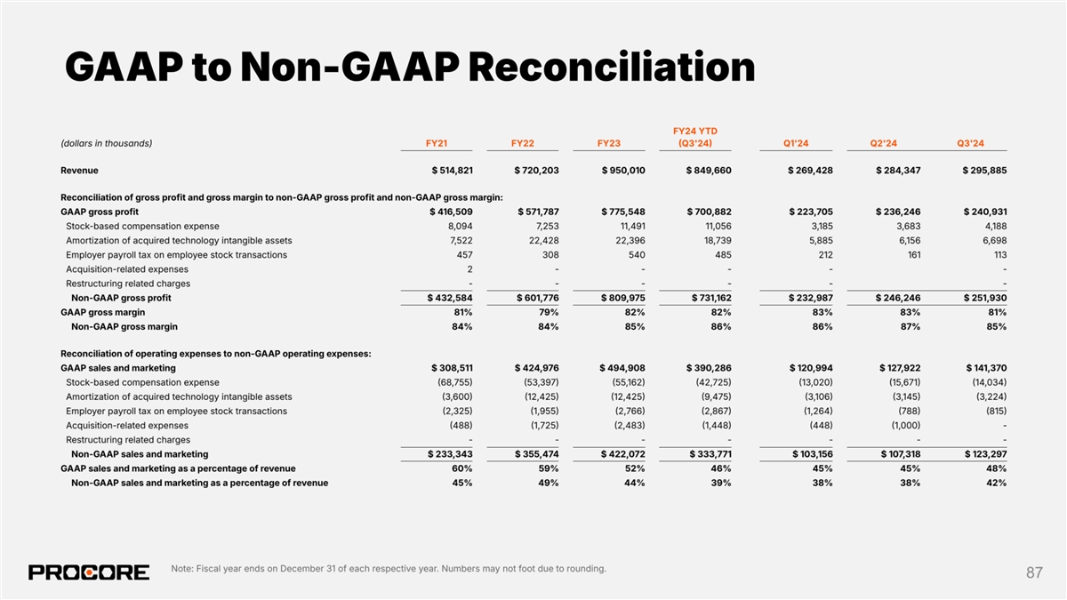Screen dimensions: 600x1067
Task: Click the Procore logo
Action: coord(89,572)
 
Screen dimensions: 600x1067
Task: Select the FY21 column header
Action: coord(436,144)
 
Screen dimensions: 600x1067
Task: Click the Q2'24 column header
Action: coord(884,144)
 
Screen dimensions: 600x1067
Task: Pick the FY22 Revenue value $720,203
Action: coord(536,170)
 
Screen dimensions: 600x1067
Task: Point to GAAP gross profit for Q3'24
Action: coord(984,212)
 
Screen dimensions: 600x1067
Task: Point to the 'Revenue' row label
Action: coord(79,170)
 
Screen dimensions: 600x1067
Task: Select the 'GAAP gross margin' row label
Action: coord(102,312)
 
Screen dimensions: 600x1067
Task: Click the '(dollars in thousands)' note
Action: coord(106,144)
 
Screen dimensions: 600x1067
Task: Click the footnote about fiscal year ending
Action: coord(388,569)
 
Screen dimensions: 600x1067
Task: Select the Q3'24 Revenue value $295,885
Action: coord(984,170)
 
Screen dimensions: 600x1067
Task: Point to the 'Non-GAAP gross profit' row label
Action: coord(121,298)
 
